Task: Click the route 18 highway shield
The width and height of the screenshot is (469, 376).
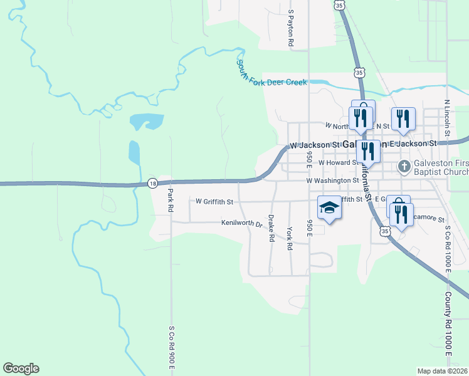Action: [152, 183]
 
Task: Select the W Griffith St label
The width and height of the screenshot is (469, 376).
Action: [214, 202]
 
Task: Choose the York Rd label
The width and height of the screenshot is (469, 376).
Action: [290, 238]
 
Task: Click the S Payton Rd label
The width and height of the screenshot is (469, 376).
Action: [291, 29]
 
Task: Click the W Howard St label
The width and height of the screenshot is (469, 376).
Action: [337, 162]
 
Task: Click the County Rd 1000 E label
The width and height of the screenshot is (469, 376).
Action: [449, 325]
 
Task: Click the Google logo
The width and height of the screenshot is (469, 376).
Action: [21, 368]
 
